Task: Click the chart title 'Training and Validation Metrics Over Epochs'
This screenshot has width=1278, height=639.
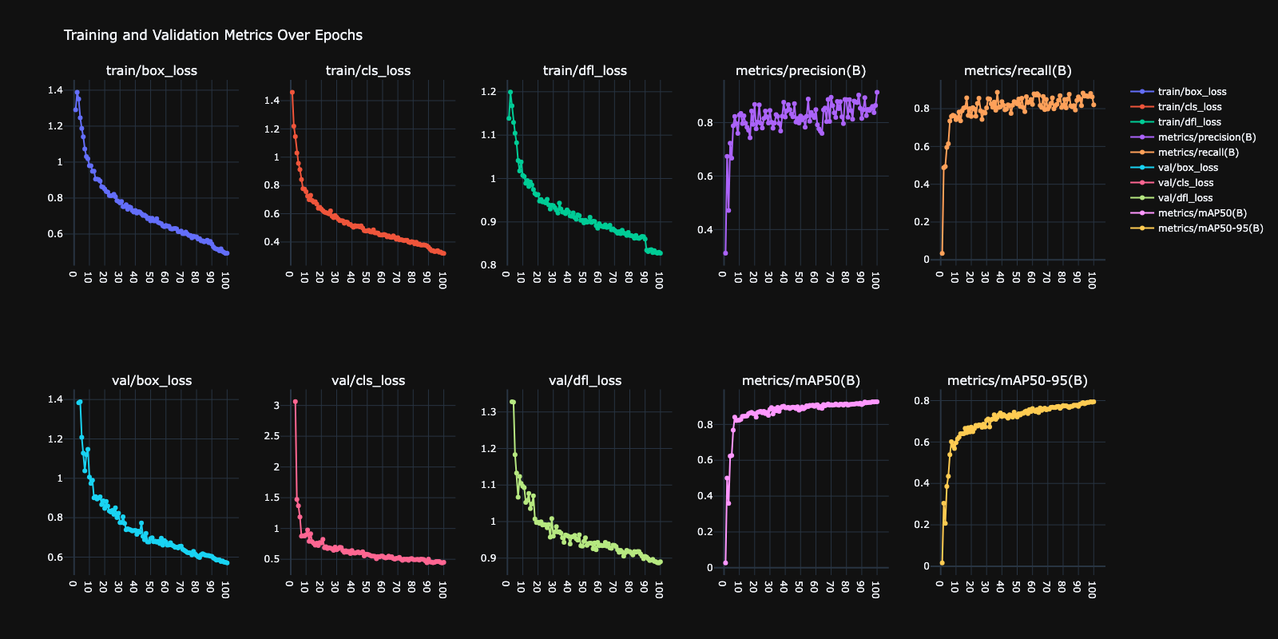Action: coord(212,35)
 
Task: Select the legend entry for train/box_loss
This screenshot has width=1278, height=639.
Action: coord(1192,92)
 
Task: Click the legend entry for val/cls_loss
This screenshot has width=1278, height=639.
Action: coord(1185,183)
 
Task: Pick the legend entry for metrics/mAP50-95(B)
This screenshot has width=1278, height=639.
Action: coord(1210,228)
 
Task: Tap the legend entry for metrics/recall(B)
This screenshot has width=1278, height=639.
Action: coord(1198,153)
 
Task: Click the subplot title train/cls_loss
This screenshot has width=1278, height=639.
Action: coord(368,70)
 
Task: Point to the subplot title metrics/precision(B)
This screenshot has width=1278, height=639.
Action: coord(800,70)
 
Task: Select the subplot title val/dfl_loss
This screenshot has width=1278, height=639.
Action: coord(585,380)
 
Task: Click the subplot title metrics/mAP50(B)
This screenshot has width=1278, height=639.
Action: coord(800,380)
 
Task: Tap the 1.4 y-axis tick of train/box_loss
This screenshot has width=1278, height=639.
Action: coord(55,90)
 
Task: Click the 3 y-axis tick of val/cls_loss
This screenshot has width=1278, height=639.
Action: coord(276,406)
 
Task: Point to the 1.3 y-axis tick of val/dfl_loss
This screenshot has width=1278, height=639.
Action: coord(488,412)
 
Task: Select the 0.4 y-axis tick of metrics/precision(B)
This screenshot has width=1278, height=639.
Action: coord(704,230)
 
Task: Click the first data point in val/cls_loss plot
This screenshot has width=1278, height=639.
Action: coord(295,402)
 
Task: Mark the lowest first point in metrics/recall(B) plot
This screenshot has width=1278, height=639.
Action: coord(942,253)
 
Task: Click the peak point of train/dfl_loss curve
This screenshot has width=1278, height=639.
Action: coord(510,92)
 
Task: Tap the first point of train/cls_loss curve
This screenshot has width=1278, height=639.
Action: coord(292,93)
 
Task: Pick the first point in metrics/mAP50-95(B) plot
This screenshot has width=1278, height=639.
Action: coord(942,563)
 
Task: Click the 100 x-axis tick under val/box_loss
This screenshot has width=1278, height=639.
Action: coord(225,589)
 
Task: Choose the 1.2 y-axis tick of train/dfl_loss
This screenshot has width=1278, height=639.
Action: coord(488,92)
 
